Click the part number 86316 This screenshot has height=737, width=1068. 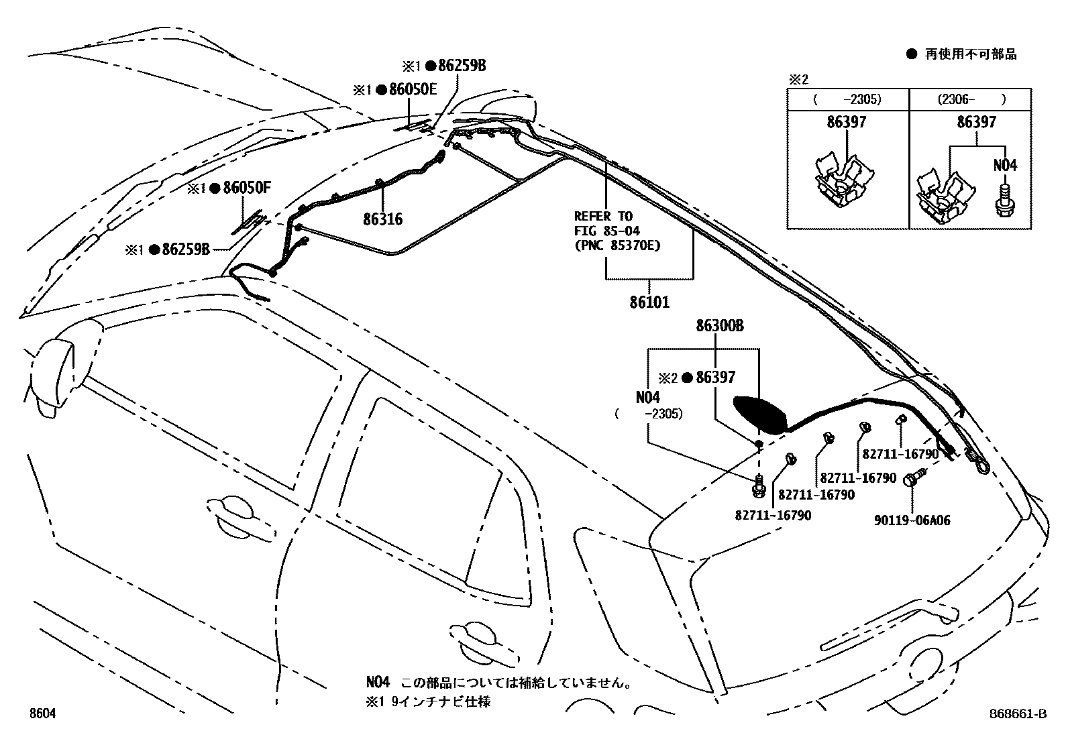tap(382, 219)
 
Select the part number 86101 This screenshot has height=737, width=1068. tap(649, 302)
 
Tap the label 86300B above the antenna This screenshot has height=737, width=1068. tap(719, 326)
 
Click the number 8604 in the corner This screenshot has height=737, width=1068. tap(42, 715)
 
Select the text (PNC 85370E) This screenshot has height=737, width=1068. tap(617, 245)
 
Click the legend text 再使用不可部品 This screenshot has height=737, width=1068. tap(971, 55)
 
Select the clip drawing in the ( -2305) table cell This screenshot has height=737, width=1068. tap(844, 182)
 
